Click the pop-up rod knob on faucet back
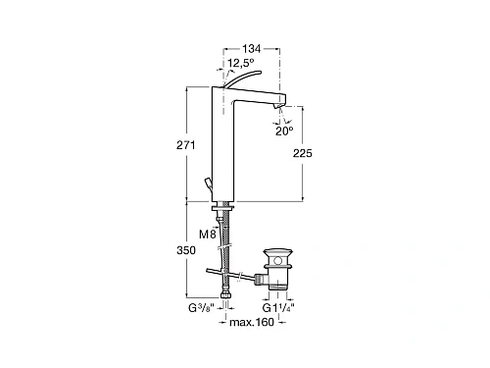click(210, 184)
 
